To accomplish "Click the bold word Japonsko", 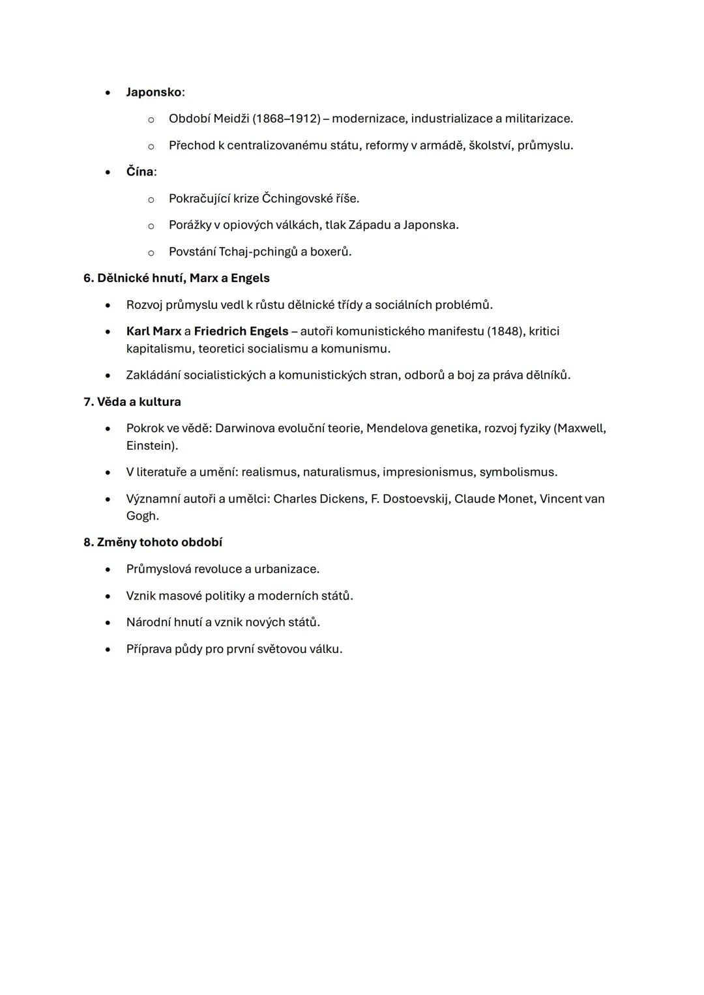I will click(x=153, y=93).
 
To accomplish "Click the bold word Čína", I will click(x=139, y=172).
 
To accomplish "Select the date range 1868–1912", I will click(x=286, y=119).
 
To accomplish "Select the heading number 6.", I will click(x=88, y=278).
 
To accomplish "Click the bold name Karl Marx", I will click(x=153, y=332).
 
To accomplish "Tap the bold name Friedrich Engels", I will click(x=241, y=332).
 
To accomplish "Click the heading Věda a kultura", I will click(x=139, y=402).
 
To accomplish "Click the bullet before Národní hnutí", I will click(x=108, y=623).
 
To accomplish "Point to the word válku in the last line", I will click(x=323, y=650).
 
